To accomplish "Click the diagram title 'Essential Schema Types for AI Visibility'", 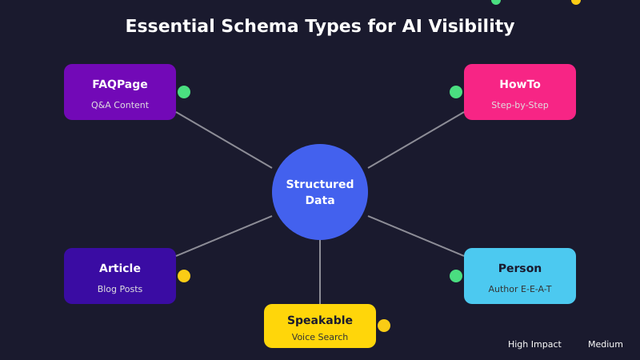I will (x=320, y=26).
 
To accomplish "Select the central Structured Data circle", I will (x=320, y=192).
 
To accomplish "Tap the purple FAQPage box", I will (x=120, y=92).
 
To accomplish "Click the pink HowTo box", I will (x=520, y=92).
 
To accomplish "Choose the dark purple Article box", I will (x=120, y=276).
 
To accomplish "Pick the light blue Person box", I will (x=520, y=276).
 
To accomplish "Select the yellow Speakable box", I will (x=320, y=326).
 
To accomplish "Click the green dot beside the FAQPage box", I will (x=184, y=92).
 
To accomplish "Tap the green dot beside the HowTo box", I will (x=456, y=92).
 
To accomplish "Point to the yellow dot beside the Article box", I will (x=184, y=276).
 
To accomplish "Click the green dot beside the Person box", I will (x=456, y=276).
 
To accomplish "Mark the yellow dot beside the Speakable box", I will (x=384, y=326).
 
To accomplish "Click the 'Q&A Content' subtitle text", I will (x=120, y=105).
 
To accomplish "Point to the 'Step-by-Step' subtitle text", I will (x=520, y=105).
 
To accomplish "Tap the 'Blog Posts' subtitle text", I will (x=120, y=289).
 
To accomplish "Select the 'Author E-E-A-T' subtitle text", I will (x=520, y=289).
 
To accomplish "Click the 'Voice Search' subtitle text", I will (x=320, y=337).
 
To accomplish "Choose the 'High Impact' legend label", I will (x=534, y=344).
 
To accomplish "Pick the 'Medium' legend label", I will (x=606, y=344).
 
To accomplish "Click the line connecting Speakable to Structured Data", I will (x=320, y=272).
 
